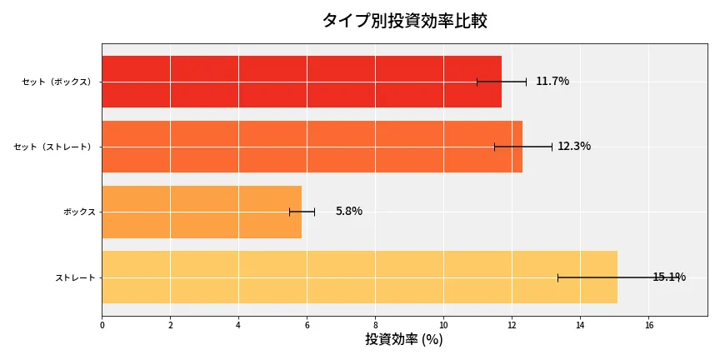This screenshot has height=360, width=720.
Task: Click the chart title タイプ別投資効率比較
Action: point(404,21)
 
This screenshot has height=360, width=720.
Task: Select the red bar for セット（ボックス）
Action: point(301,82)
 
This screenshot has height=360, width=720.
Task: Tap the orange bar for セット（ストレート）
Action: point(312,147)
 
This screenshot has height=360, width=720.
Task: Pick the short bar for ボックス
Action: point(201,212)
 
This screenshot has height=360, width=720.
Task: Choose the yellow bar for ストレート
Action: point(359,277)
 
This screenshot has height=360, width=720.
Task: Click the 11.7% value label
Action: point(552,81)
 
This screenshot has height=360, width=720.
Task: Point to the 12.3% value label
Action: point(573,146)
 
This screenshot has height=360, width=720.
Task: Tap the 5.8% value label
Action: point(348,211)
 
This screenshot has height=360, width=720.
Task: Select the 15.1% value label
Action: point(668,277)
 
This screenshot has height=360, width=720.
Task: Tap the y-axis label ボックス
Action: point(79,212)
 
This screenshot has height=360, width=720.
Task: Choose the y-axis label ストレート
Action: point(75,277)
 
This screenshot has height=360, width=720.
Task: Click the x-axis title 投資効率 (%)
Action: point(404,340)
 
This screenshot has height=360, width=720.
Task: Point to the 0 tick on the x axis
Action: point(102,325)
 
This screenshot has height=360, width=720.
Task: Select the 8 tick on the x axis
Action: point(375,325)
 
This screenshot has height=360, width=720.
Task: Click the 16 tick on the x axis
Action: point(648,325)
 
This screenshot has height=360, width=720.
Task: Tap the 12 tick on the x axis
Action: point(512,325)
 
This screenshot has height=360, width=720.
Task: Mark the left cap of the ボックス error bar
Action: point(290,212)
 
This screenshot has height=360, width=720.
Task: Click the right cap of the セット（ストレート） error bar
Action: point(552,147)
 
